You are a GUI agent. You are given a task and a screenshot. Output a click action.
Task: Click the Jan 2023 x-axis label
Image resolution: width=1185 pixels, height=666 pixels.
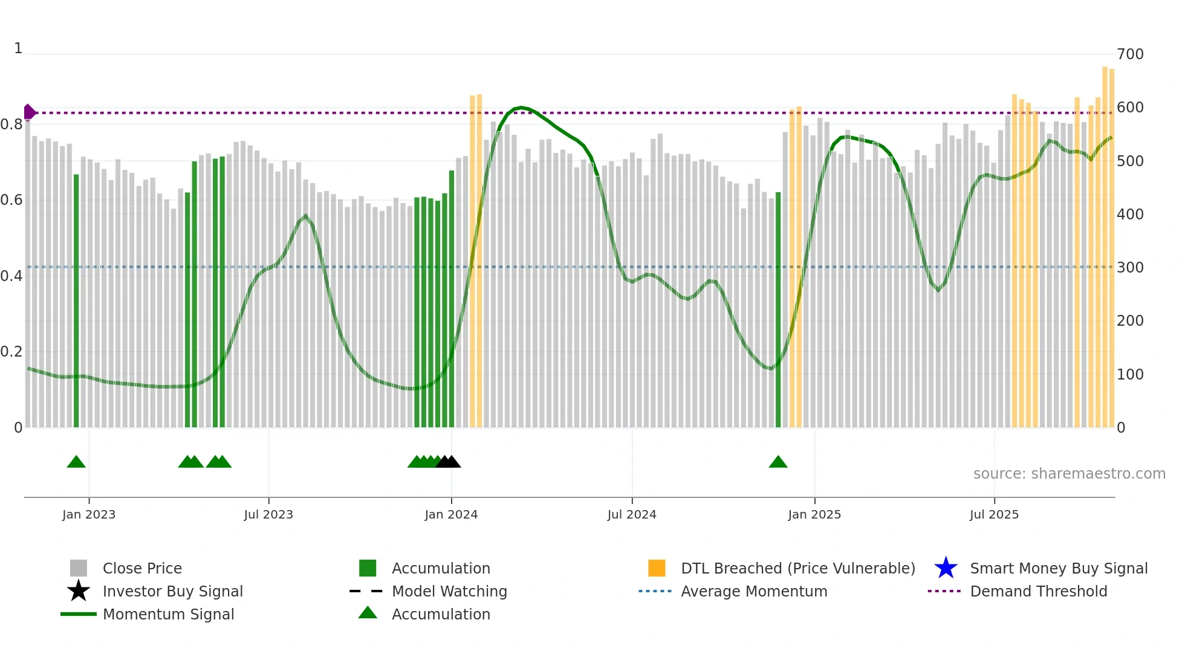click(x=89, y=514)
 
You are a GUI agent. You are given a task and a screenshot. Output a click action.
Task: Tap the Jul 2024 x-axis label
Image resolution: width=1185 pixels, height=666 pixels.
click(x=632, y=514)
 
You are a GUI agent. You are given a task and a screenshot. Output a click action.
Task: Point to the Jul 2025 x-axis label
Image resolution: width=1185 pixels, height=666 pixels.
click(x=994, y=514)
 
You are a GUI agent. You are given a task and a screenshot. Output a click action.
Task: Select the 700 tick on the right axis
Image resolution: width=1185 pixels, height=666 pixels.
click(x=1130, y=54)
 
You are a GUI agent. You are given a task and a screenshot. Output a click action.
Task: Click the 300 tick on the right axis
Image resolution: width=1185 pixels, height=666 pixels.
click(x=1130, y=268)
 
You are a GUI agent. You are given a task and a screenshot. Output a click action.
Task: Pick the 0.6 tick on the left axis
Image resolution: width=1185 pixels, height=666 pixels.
click(x=11, y=200)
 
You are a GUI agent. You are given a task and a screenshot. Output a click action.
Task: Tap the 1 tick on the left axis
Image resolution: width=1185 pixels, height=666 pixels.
click(x=18, y=48)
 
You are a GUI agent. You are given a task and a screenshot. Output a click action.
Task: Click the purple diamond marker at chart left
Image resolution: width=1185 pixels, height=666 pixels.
click(x=29, y=112)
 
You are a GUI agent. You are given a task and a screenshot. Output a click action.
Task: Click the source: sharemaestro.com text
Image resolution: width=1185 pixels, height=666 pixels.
click(x=1069, y=474)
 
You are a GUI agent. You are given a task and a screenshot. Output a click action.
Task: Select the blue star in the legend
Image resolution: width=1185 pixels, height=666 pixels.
click(x=946, y=568)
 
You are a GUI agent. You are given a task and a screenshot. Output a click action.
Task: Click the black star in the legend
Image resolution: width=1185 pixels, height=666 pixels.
click(x=79, y=591)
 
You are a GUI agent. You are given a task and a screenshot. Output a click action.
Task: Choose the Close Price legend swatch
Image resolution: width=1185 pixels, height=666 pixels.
click(x=79, y=568)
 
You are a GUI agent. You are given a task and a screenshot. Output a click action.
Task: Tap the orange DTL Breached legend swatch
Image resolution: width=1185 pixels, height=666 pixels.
click(x=657, y=568)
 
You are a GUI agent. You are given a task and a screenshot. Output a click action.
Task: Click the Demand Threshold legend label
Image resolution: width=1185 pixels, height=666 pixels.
click(x=1038, y=591)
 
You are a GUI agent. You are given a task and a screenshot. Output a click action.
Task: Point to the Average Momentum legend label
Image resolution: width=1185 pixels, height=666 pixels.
click(x=754, y=591)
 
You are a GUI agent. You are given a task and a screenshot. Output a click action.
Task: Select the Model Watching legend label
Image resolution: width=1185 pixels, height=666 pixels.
click(x=449, y=591)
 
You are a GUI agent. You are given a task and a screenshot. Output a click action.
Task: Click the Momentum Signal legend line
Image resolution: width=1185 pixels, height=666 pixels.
click(x=79, y=614)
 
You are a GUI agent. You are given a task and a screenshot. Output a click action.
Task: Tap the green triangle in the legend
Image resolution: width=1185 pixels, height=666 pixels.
click(x=368, y=613)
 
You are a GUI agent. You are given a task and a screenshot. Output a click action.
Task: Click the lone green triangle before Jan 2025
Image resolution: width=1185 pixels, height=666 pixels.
click(x=778, y=462)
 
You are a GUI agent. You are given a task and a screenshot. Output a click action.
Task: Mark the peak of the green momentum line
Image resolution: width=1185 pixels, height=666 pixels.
click(x=521, y=108)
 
